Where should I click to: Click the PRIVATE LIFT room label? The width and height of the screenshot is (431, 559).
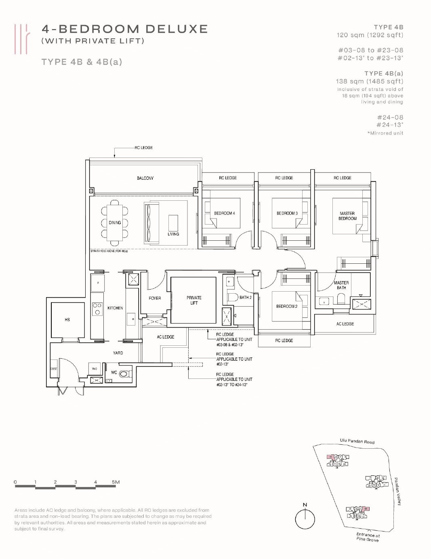[x=194, y=300]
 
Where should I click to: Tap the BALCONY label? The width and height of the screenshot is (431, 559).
[x=145, y=178]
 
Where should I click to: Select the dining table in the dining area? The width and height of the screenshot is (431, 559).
[x=115, y=223]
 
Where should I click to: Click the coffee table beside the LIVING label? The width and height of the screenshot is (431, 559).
[x=173, y=223]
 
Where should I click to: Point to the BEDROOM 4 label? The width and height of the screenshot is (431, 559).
[x=224, y=213]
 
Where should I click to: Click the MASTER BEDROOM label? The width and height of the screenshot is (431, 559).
[x=347, y=216]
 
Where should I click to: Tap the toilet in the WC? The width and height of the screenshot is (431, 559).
[x=125, y=374]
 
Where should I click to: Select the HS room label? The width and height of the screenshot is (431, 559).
[x=67, y=319]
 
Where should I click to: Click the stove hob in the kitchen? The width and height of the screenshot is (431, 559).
[x=97, y=309]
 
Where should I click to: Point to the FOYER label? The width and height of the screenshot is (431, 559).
[x=155, y=298]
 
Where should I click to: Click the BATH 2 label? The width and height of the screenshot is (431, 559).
[x=245, y=297]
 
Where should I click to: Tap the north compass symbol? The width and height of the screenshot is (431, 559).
[x=305, y=519]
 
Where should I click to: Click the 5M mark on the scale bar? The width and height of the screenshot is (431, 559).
[x=116, y=482]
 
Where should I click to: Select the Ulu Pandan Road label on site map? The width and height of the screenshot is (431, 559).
[x=357, y=441]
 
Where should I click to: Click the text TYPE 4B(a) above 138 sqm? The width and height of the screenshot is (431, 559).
[x=383, y=74]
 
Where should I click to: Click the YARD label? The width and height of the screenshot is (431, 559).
[x=118, y=353]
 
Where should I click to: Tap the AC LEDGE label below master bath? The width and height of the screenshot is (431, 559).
[x=345, y=324]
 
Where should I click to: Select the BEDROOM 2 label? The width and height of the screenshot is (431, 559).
[x=287, y=306]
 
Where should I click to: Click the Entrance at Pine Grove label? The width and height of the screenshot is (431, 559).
[x=368, y=537]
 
